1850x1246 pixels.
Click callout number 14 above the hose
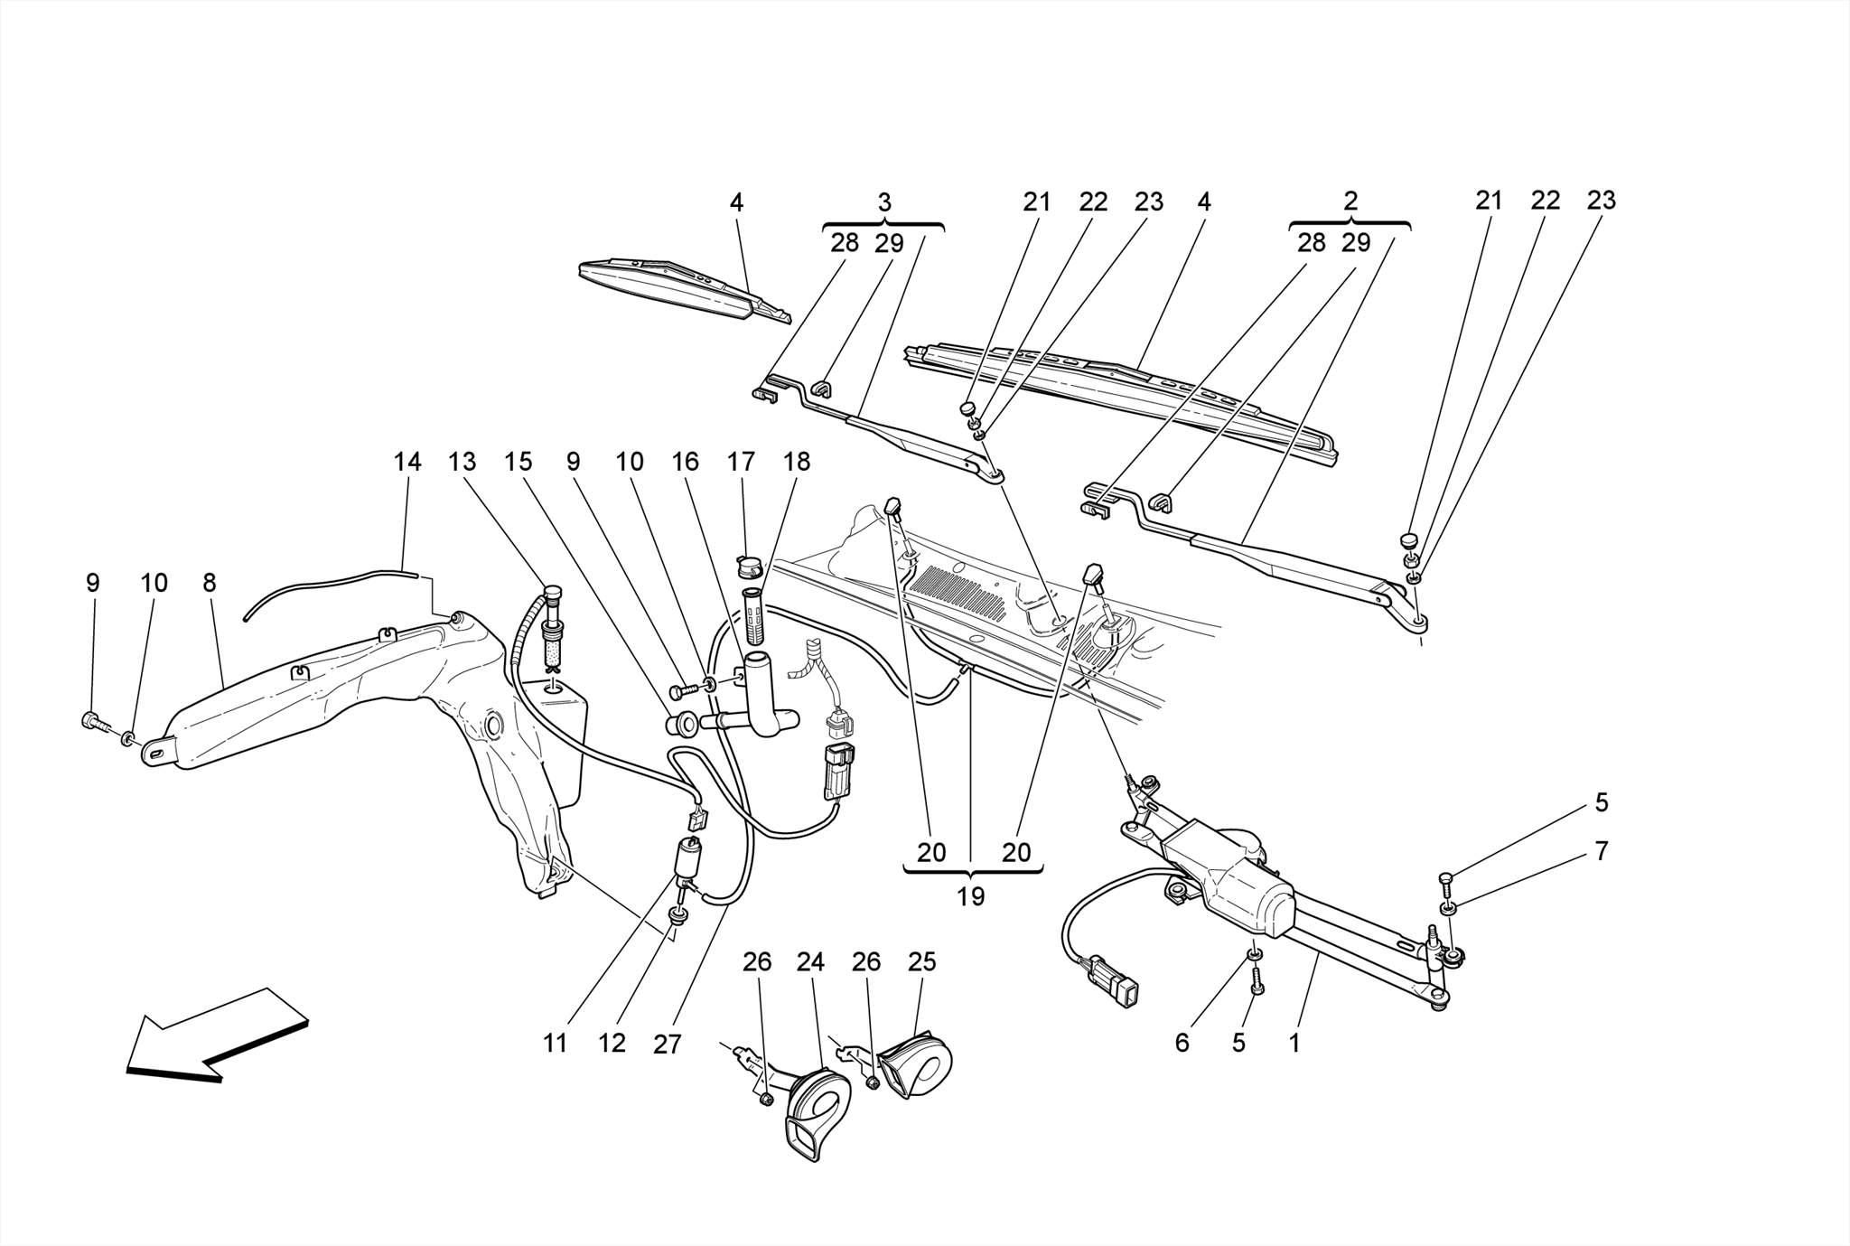tap(407, 462)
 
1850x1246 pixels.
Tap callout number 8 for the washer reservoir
tap(210, 583)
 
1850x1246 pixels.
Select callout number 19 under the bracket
tap(971, 896)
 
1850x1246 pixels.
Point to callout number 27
tap(667, 1045)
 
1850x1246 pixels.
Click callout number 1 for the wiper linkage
tap(1294, 1043)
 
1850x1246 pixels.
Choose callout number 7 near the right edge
tap(1601, 851)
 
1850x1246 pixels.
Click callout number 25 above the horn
tap(921, 962)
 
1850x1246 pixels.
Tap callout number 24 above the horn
tap(810, 962)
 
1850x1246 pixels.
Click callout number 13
tap(462, 462)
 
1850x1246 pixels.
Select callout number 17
tap(741, 462)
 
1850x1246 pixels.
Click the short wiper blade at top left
tap(677, 289)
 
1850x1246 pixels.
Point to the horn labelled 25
tap(917, 1066)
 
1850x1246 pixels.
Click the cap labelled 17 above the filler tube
tap(749, 567)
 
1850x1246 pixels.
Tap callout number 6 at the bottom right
tap(1182, 1043)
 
